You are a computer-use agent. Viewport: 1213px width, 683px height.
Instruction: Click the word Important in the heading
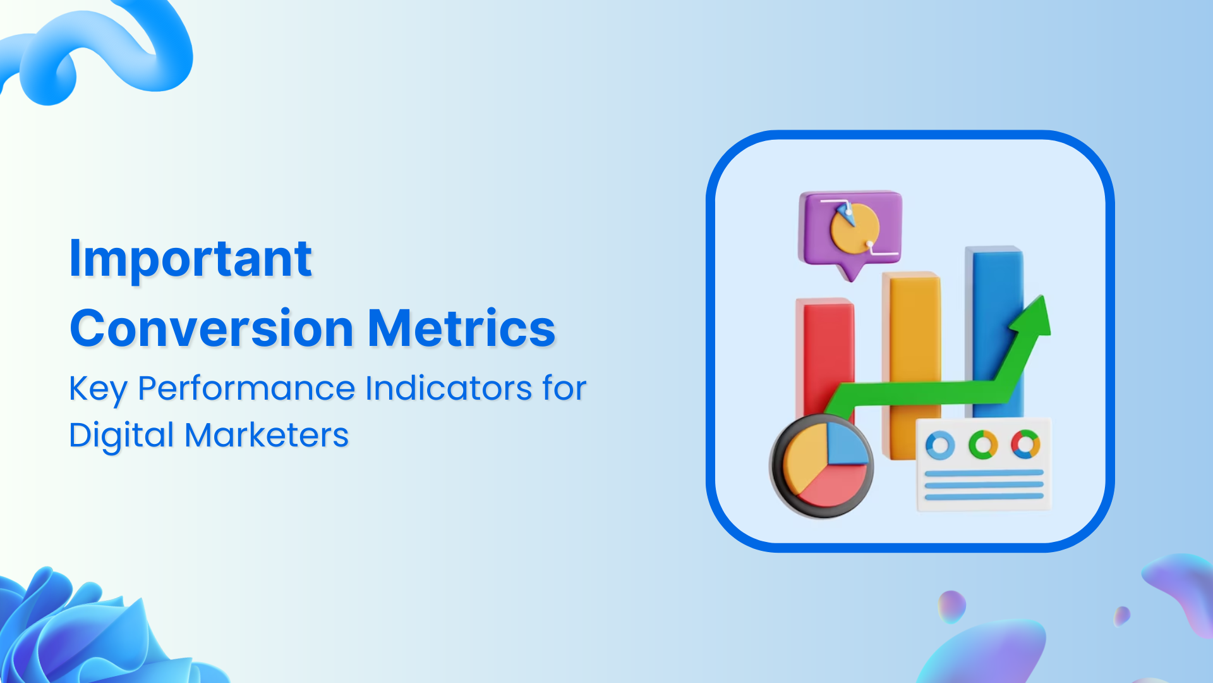click(x=190, y=259)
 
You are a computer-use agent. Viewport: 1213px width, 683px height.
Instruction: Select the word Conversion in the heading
click(x=212, y=329)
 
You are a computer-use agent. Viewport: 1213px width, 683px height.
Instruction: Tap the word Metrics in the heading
click(x=461, y=329)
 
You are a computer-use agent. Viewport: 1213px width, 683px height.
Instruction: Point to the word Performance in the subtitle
click(x=246, y=388)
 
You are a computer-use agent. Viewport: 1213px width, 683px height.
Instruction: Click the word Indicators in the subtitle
click(x=449, y=388)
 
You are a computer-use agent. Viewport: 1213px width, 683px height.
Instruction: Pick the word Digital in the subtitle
click(x=121, y=436)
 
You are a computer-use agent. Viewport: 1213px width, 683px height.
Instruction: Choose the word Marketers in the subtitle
click(x=267, y=436)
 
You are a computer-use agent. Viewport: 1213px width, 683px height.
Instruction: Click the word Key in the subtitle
click(x=98, y=388)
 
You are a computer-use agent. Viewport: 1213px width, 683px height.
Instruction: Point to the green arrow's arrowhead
click(x=1033, y=316)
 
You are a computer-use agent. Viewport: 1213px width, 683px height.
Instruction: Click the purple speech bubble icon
click(x=850, y=228)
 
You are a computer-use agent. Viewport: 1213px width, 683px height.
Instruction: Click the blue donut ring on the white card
click(x=940, y=445)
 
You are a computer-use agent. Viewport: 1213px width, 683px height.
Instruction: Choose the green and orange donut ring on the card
click(x=983, y=445)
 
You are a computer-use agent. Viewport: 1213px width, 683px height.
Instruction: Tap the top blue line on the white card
click(x=984, y=473)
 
